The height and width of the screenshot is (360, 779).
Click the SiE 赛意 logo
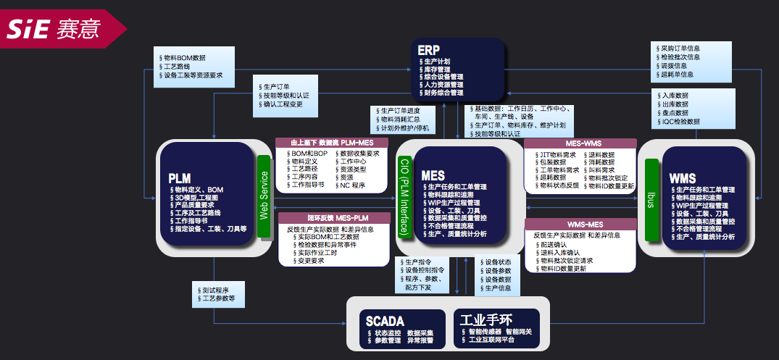click(54, 28)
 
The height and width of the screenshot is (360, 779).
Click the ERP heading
click(430, 50)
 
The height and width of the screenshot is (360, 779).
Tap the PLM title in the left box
click(180, 177)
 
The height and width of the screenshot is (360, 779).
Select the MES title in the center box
click(433, 176)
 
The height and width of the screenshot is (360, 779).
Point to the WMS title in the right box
click(683, 178)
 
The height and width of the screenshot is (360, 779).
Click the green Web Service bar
click(264, 195)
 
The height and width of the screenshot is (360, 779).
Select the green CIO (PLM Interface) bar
click(404, 195)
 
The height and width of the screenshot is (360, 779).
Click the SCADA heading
click(384, 320)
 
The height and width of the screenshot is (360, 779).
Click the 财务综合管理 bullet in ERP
click(443, 93)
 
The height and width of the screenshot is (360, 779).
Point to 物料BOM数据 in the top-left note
click(184, 56)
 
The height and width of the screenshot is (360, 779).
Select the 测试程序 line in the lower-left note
click(215, 290)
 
